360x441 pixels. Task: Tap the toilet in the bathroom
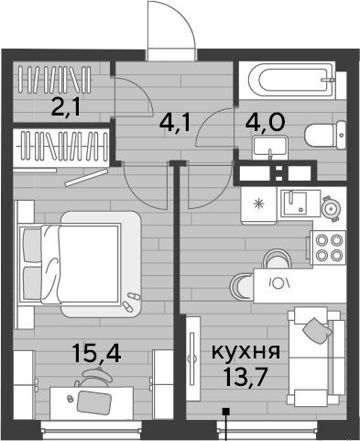point(325,136)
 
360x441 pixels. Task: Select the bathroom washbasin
point(270,148)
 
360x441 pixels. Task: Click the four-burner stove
point(328,248)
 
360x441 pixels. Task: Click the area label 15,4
point(97,352)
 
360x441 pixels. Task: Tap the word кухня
point(245,351)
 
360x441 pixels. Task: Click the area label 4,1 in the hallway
point(175,123)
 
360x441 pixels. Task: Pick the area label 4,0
point(266,122)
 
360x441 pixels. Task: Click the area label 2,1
point(66,107)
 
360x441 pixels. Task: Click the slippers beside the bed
point(131,302)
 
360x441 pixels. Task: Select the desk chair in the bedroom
point(93,378)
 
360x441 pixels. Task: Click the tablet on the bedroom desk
point(93,402)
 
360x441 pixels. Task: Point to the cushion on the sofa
point(318,331)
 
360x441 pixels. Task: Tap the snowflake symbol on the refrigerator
point(259,204)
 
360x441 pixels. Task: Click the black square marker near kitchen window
point(226,412)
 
